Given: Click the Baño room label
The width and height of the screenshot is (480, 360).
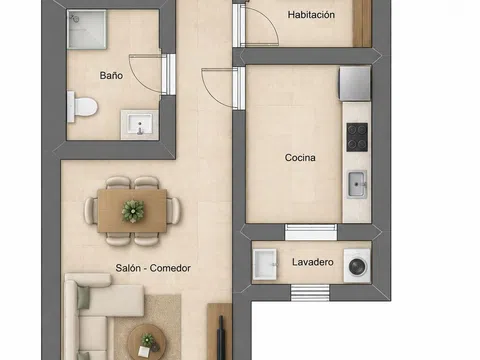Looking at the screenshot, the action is click(x=111, y=75).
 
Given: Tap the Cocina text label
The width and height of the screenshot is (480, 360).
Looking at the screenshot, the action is click(x=300, y=157).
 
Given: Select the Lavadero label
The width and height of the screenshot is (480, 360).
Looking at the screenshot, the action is click(x=313, y=262).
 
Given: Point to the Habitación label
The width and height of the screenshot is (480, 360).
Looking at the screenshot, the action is click(x=311, y=15).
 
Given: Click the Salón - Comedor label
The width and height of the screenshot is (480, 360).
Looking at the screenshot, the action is click(x=153, y=268).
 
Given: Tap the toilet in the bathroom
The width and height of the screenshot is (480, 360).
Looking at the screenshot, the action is click(x=82, y=107).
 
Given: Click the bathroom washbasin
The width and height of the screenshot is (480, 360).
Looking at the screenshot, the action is click(x=139, y=125).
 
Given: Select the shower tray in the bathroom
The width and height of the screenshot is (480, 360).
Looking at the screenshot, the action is click(x=87, y=29).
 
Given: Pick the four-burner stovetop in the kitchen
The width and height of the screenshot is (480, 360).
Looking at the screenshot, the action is click(x=357, y=137).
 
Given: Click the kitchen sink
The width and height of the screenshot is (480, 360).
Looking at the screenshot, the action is click(x=357, y=184).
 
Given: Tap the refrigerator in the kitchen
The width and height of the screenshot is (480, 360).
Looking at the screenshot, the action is click(x=355, y=83).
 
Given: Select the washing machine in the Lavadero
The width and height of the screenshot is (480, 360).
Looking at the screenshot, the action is click(x=357, y=266).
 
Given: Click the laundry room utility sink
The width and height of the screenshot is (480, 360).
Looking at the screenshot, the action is click(x=265, y=264).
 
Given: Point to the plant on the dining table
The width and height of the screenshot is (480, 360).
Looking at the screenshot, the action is click(x=133, y=211).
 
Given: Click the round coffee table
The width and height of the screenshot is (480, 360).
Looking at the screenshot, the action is click(x=147, y=342).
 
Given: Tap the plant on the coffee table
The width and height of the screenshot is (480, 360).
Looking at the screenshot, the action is click(x=148, y=341).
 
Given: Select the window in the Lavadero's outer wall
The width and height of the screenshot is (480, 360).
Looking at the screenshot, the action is click(x=310, y=293).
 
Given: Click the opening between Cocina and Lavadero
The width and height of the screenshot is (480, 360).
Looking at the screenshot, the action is click(x=311, y=232).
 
